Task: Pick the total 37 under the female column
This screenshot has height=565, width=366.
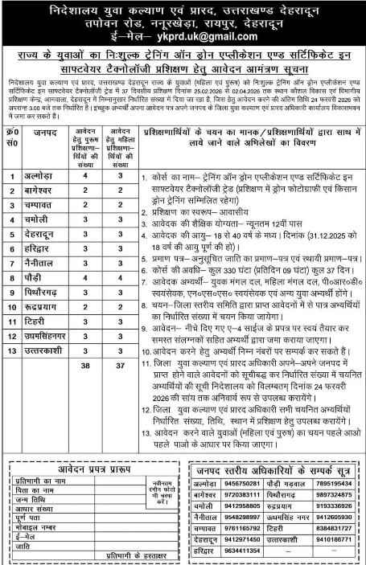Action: [118, 364]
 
